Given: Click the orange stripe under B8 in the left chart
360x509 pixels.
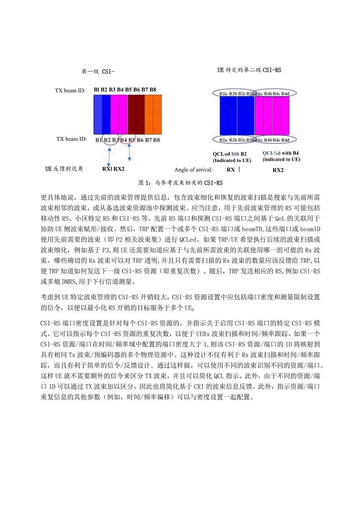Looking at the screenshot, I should click(x=157, y=115).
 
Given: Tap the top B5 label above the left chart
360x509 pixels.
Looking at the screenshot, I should click(x=129, y=90).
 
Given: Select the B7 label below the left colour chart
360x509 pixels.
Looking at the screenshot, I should click(x=149, y=140).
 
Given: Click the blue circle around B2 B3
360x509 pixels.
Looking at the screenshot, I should click(x=110, y=139).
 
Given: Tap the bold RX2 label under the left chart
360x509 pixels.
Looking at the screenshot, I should click(x=119, y=169).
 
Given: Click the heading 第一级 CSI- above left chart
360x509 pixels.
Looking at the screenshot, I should click(x=98, y=72).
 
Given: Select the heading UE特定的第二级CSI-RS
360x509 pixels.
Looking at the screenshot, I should click(x=249, y=70).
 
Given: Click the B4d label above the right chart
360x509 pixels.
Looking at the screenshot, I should click(x=286, y=94).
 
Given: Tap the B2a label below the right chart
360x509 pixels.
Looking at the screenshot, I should click(x=223, y=140).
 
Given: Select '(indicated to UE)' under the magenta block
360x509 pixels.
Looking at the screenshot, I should click(x=281, y=160).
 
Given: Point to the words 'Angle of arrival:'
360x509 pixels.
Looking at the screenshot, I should click(x=193, y=170).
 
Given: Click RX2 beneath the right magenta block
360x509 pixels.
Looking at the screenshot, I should click(x=278, y=170).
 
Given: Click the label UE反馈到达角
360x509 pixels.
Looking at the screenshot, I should click(x=64, y=169).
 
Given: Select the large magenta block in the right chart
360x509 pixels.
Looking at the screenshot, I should click(x=272, y=116).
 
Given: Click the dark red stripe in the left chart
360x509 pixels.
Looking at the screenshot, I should click(x=136, y=115).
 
